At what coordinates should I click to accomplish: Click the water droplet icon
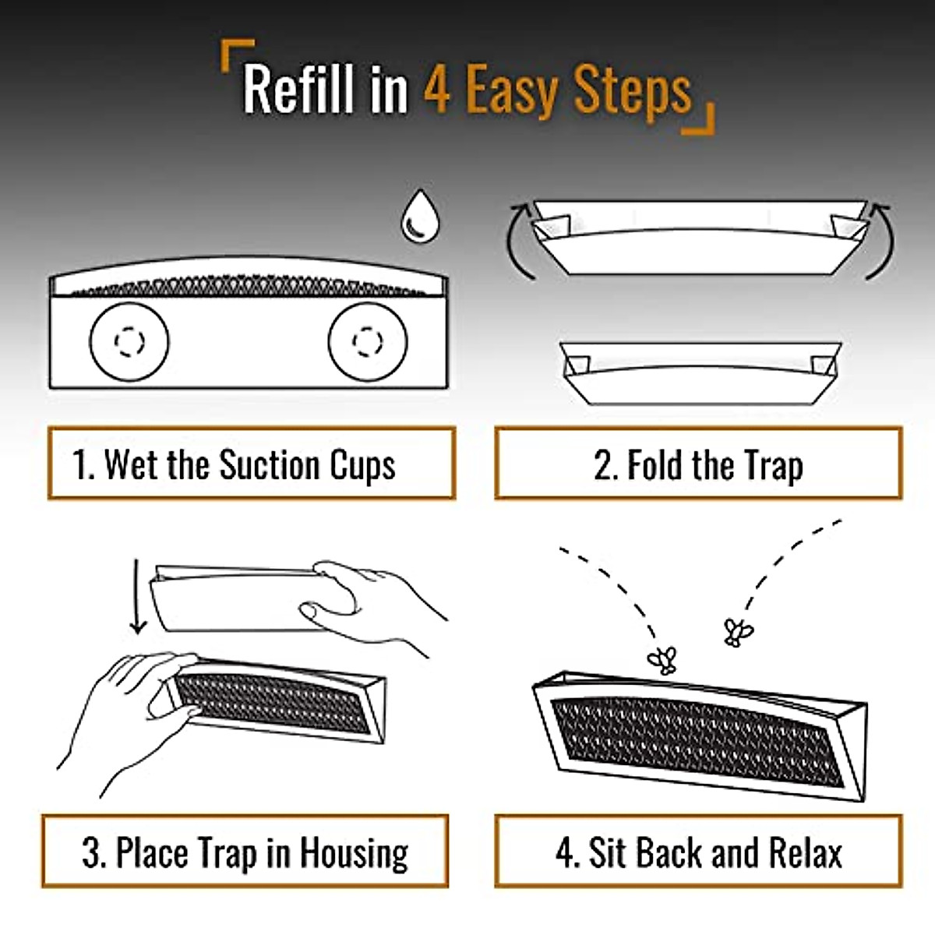point(420,216)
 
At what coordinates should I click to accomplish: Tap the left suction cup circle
point(129,341)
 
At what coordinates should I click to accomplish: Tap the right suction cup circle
point(368,341)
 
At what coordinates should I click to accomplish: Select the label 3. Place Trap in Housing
point(245,852)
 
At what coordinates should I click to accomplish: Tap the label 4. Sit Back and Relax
point(698,852)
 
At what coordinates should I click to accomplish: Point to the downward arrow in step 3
point(138,596)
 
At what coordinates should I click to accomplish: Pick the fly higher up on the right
point(737,631)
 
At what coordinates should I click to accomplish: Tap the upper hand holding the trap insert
point(374,600)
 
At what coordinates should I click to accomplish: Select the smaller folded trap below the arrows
point(700,372)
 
